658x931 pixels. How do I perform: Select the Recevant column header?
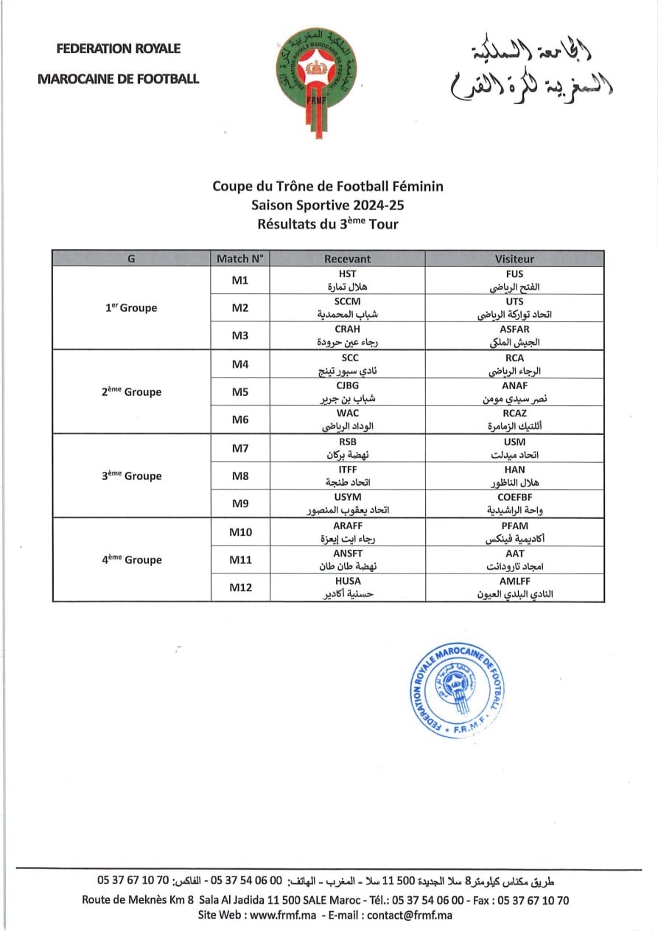347,259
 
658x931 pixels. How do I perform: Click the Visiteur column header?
514,259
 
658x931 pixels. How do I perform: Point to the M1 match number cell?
240,280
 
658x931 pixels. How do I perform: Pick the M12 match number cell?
240,587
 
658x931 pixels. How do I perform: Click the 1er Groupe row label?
131,308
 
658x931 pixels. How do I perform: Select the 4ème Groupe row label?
131,559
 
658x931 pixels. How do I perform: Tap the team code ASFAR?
514,329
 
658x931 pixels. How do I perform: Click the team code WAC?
347,414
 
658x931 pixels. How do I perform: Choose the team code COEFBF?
514,498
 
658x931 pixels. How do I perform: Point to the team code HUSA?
347,581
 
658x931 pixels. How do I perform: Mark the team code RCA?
514,358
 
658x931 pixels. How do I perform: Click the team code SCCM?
347,301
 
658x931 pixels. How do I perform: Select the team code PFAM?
514,526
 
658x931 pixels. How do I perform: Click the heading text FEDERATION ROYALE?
119,49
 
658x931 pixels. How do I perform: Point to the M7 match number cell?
240,447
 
